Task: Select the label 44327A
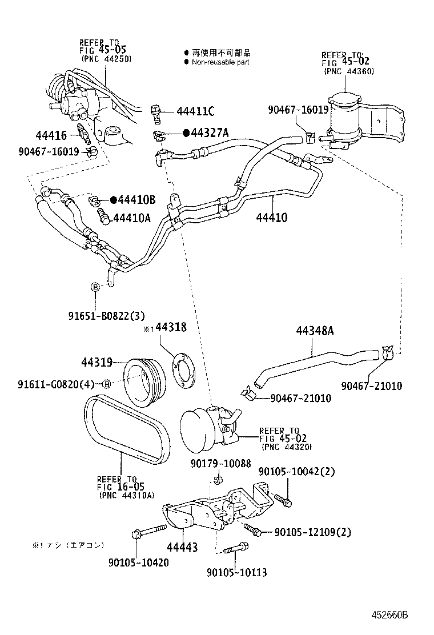(209, 133)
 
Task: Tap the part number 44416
(51, 135)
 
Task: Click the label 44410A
(132, 217)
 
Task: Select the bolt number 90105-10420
(138, 562)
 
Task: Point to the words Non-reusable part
(220, 62)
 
